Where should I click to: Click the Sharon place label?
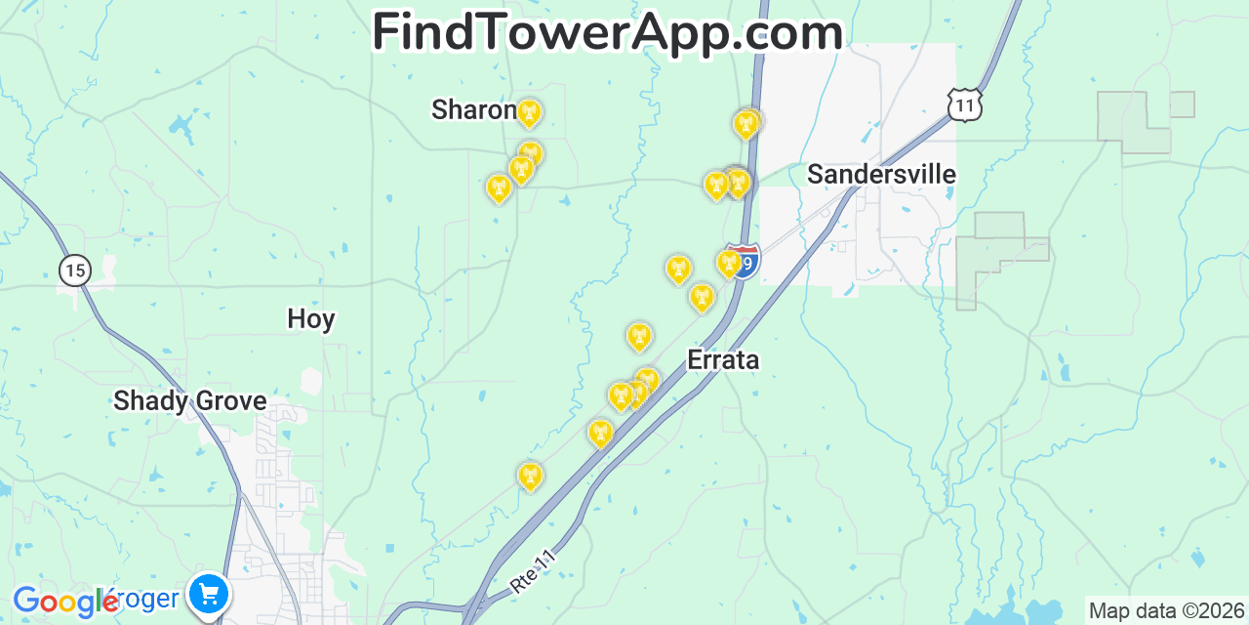click(473, 110)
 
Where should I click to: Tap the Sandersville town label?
click(881, 175)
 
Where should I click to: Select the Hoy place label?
click(310, 319)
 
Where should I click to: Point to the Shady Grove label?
click(189, 401)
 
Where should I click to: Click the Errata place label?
click(723, 360)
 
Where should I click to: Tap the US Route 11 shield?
click(964, 104)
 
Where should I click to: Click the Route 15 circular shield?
click(74, 270)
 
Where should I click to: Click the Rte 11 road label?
click(533, 571)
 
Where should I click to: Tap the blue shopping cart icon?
click(209, 593)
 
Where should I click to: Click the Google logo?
click(64, 602)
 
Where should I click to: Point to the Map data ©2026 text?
click(1166, 611)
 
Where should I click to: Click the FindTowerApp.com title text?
click(607, 33)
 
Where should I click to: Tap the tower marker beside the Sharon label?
click(529, 113)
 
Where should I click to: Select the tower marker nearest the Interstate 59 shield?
click(728, 263)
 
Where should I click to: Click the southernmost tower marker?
click(530, 476)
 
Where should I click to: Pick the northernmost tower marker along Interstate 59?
click(746, 124)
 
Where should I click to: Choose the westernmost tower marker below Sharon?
click(499, 187)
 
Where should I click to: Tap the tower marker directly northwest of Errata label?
click(701, 297)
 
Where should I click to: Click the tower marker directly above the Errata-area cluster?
click(639, 337)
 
